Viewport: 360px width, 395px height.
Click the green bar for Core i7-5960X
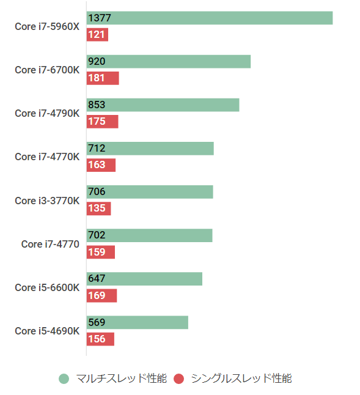point(210,18)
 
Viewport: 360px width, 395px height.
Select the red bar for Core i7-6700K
point(103,78)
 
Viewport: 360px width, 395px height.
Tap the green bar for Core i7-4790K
point(163,105)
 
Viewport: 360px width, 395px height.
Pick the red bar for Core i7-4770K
point(101,165)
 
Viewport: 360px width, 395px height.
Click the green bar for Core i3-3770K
point(150,192)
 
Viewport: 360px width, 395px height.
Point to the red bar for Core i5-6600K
point(101,296)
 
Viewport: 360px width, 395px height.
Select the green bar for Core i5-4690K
point(138,322)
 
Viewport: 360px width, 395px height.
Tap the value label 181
point(97,78)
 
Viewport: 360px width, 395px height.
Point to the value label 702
point(97,235)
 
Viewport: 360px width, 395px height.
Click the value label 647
point(97,279)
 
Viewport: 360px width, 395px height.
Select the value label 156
point(97,339)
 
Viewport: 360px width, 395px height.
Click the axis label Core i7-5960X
point(47,26)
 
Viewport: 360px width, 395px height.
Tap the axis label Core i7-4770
point(50,244)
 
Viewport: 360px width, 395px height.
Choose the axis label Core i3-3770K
point(47,201)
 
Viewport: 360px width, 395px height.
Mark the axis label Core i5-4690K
point(47,331)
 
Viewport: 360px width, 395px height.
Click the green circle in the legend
point(64,379)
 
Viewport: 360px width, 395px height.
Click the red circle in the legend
point(178,379)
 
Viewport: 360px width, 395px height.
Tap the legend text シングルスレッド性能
point(241,379)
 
